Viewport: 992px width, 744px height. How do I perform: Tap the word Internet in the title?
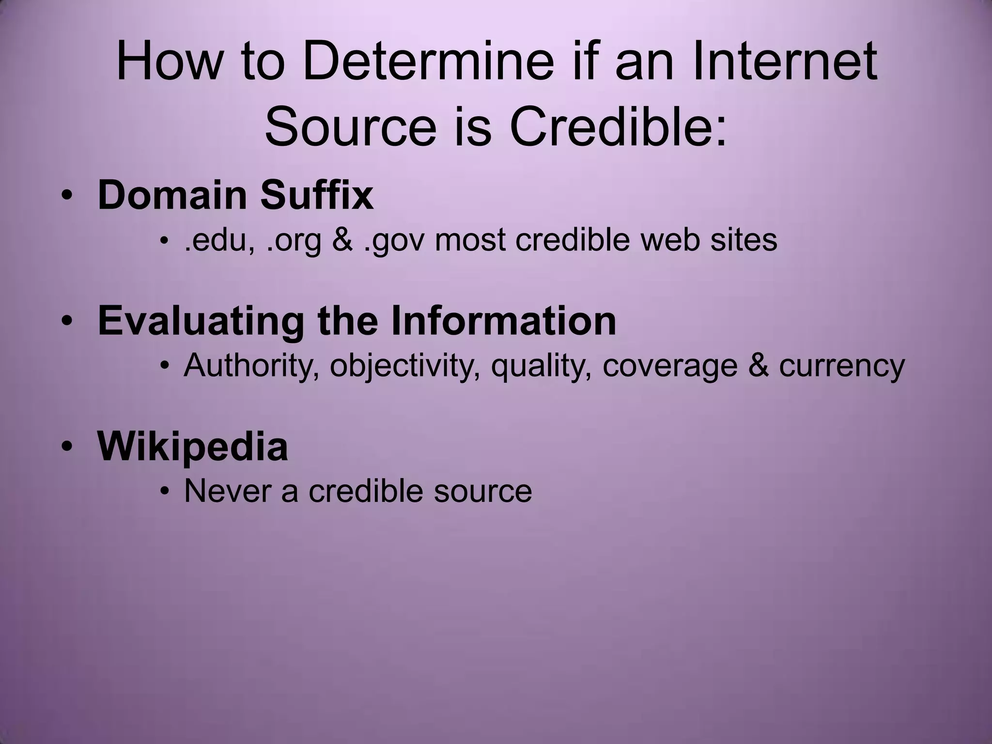(x=785, y=62)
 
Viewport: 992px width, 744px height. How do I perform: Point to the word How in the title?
(x=168, y=62)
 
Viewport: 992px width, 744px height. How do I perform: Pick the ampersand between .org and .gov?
(x=342, y=240)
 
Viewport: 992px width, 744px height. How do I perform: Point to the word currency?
(x=842, y=367)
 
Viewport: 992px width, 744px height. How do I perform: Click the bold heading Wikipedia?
(x=193, y=446)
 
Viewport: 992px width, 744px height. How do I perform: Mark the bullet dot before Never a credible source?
(x=165, y=492)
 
